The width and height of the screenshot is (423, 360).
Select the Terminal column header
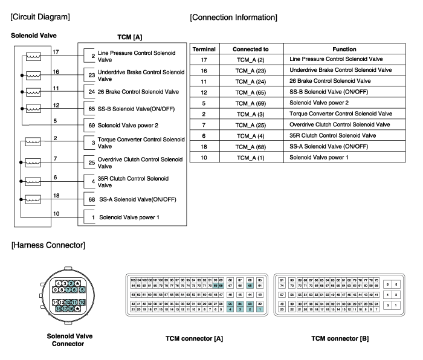[204, 48]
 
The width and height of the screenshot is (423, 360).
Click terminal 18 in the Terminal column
[204, 146]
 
